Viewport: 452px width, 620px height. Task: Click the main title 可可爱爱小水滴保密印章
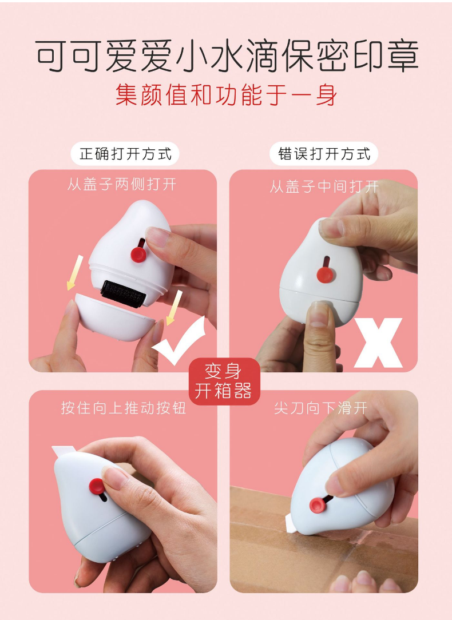pos(227,55)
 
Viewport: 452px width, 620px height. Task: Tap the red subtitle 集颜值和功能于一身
pos(227,96)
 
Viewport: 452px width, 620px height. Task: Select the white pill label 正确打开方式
pos(125,153)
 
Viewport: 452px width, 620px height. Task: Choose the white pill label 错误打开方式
pos(324,153)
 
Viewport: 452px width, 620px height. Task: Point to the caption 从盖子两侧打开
pos(122,184)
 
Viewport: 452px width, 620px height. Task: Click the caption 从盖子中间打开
pos(324,186)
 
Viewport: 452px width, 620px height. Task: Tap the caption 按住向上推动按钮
pos(124,408)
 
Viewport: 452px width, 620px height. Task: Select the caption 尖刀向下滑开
pos(321,408)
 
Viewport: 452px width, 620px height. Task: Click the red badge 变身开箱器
pos(224,381)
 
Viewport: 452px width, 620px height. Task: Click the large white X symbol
pos(378,343)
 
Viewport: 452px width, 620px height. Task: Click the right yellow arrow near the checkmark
pos(174,308)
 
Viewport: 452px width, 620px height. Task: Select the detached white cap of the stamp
pos(114,317)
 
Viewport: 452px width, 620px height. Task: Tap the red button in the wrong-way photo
pos(324,274)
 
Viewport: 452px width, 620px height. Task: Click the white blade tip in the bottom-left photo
pos(64,451)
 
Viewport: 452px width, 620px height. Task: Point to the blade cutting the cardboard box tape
pos(290,523)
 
